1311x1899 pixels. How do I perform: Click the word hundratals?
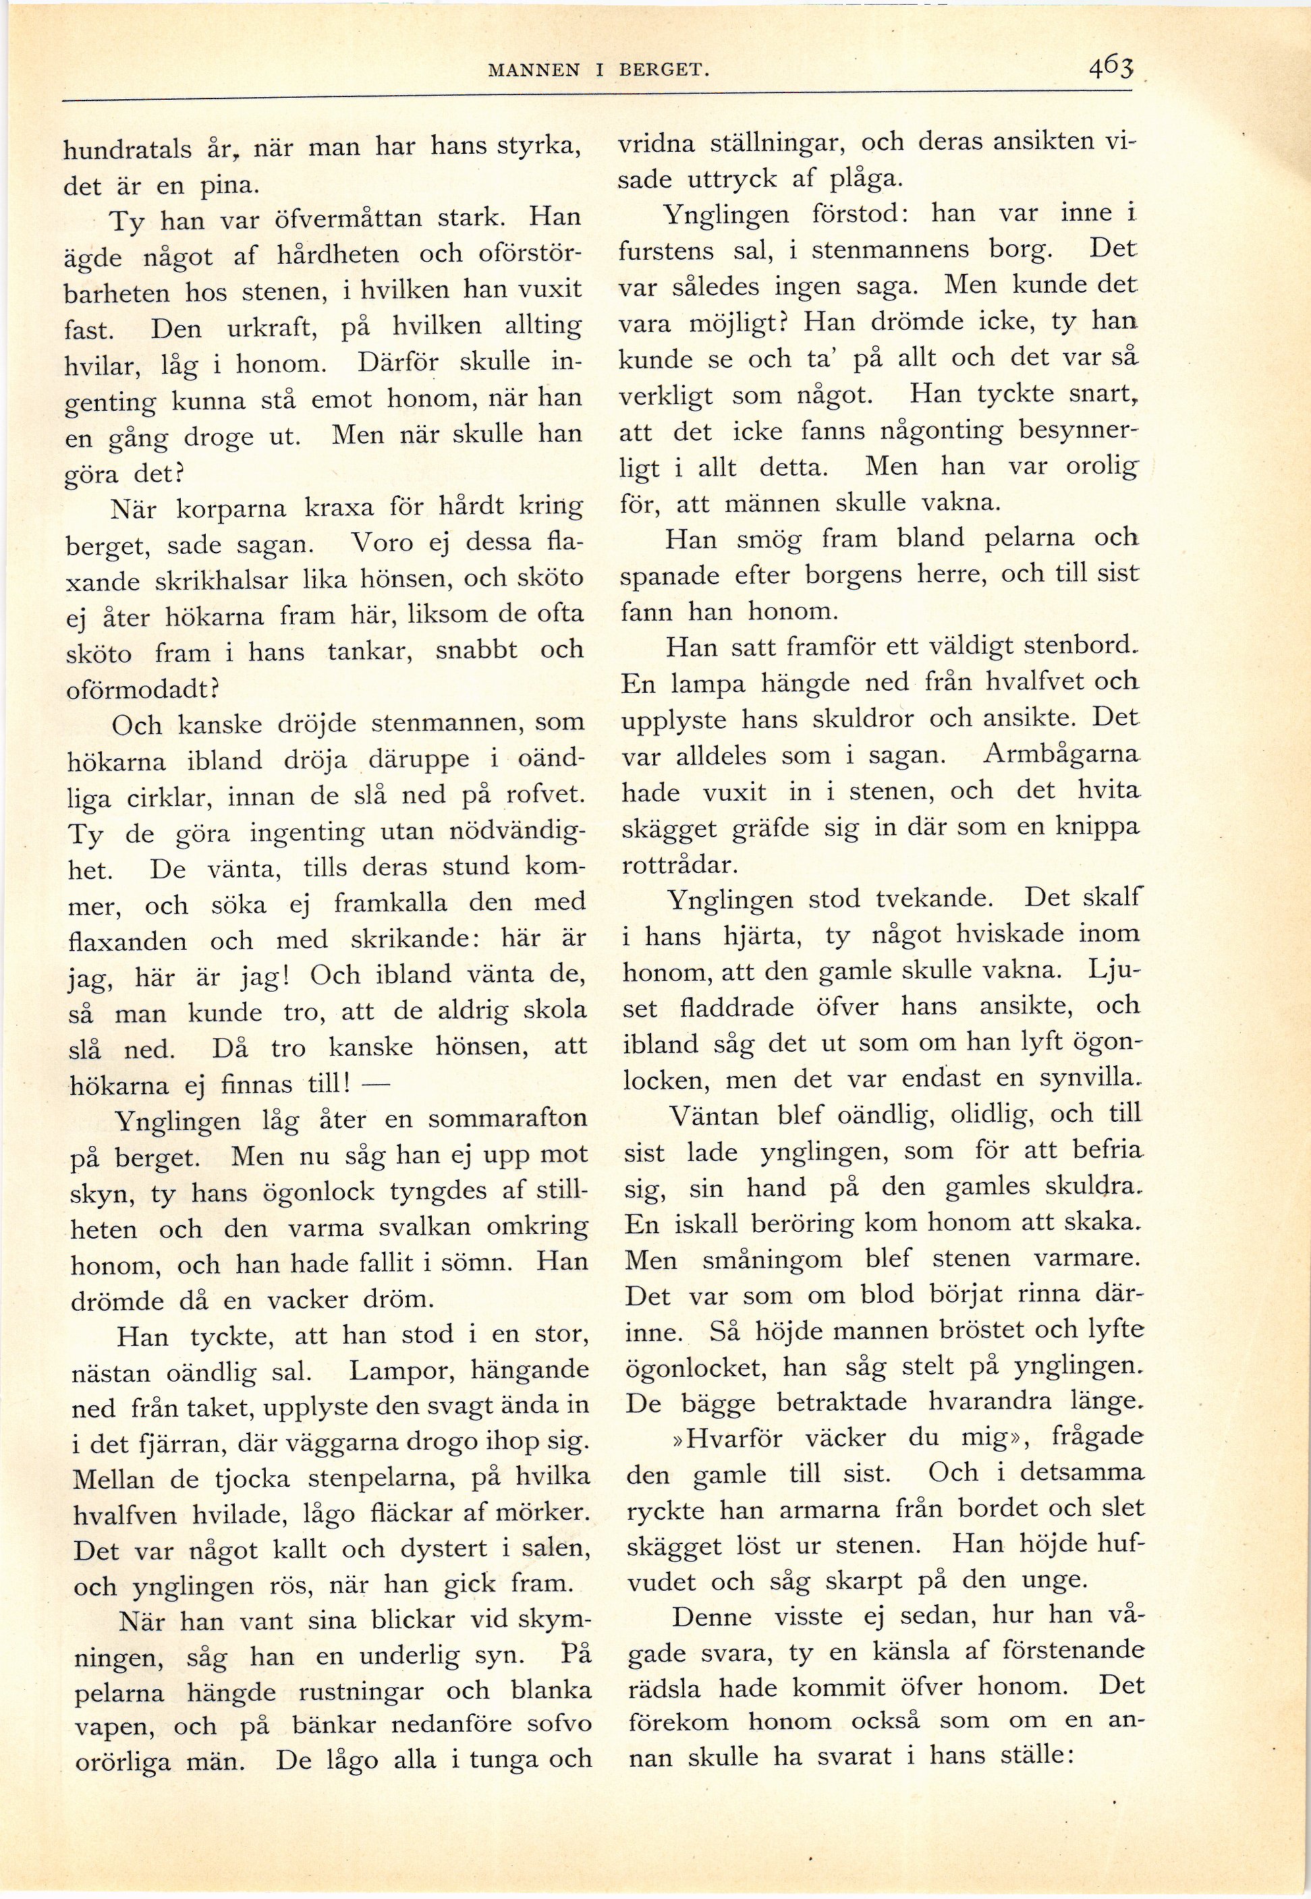(128, 150)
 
